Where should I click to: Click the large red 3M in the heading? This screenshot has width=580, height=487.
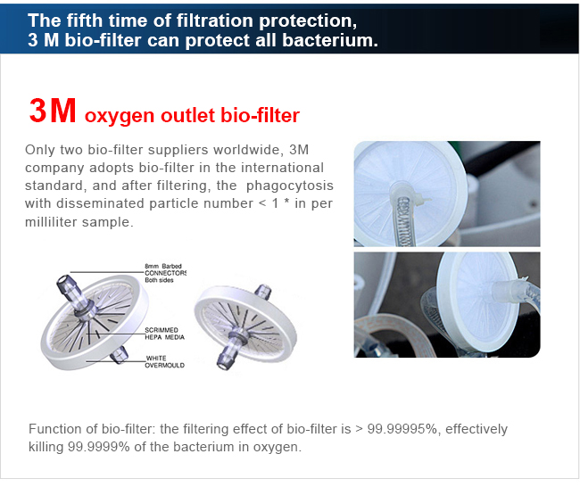53,111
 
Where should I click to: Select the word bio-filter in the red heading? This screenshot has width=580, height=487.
260,115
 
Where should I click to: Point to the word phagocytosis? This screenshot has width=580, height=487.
290,186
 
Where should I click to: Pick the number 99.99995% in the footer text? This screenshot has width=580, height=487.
402,429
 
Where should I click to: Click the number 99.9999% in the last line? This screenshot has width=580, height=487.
98,447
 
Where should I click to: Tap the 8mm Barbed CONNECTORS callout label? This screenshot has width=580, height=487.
165,273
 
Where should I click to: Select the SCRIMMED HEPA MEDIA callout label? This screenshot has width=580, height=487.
164,334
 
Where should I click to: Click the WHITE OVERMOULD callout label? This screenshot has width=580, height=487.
164,361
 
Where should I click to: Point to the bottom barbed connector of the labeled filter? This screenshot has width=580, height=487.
119,355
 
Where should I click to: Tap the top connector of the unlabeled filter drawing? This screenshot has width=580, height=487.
263,292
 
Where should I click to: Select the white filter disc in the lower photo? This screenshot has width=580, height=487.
477,301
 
